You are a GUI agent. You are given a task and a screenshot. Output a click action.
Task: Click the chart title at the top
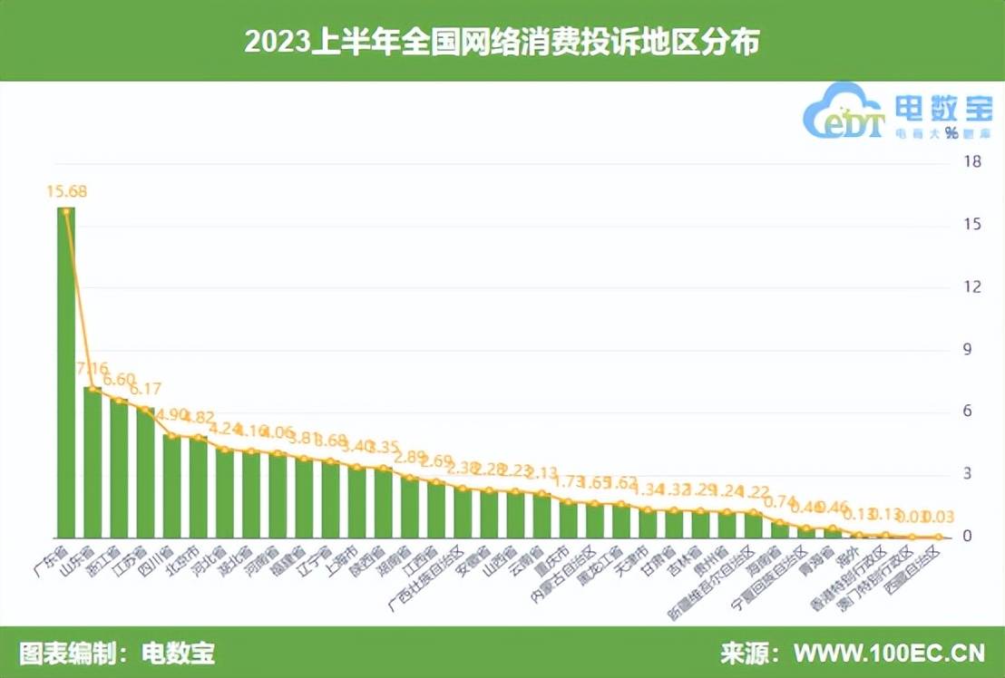(x=502, y=42)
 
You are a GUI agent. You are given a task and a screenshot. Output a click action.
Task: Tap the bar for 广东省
(x=66, y=372)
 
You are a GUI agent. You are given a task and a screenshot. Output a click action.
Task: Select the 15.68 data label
(x=67, y=191)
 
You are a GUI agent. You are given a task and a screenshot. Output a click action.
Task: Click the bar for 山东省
(x=93, y=462)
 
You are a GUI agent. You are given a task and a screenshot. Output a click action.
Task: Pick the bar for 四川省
(x=171, y=486)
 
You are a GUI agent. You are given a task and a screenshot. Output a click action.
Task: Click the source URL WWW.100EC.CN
(x=889, y=653)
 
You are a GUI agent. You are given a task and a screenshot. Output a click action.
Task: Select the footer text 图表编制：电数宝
(x=118, y=653)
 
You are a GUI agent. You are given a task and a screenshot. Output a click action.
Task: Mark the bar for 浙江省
(x=119, y=468)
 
